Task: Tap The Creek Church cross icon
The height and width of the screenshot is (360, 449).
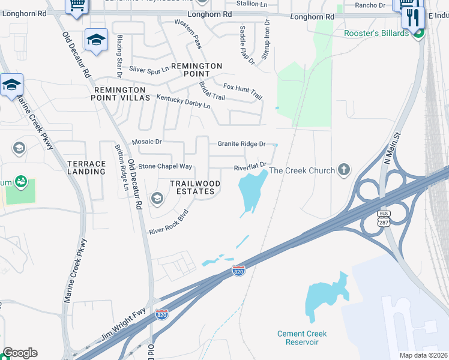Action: click(344, 170)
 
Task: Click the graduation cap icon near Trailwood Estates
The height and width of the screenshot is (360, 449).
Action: click(157, 198)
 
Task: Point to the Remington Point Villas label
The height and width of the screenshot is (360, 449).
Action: click(122, 93)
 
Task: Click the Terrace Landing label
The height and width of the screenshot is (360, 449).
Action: click(86, 167)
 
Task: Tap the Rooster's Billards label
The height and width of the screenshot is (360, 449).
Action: click(376, 33)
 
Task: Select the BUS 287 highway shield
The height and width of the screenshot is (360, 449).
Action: click(384, 218)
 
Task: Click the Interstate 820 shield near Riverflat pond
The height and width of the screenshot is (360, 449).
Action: click(238, 271)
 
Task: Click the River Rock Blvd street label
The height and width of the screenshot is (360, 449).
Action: click(169, 221)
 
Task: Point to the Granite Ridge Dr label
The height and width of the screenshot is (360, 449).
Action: click(241, 144)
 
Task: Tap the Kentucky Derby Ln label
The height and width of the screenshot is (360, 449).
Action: click(184, 101)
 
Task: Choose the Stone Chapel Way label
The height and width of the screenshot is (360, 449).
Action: click(165, 166)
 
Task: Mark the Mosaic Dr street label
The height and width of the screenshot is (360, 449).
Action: click(147, 142)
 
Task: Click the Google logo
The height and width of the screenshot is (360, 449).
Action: click(20, 353)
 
